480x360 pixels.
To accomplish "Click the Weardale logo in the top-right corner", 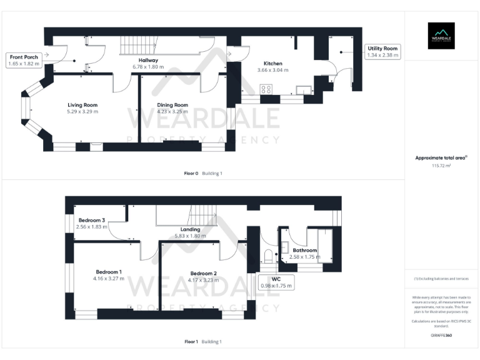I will [441, 36].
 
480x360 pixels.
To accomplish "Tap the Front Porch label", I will [23, 57].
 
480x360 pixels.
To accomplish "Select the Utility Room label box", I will [382, 48].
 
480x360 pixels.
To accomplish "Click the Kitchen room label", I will [272, 63].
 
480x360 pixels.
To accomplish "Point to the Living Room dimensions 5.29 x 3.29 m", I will [82, 111].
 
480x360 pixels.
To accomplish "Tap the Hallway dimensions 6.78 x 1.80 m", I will [148, 67].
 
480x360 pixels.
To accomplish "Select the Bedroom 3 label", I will [91, 219].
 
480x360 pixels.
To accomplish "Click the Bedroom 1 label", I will [109, 272].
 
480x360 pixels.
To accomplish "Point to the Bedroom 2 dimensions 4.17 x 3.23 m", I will [204, 280].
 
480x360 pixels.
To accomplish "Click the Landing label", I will [190, 229].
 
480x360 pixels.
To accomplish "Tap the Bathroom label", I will [305, 250].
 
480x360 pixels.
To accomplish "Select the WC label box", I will [276, 282].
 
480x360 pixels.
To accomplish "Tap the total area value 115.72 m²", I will [441, 166].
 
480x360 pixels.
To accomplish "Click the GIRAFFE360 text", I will [441, 336].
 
